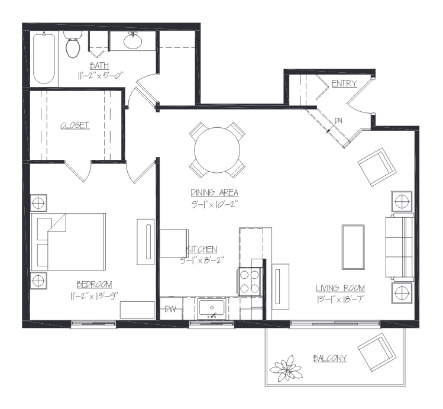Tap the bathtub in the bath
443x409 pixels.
[x=44, y=59]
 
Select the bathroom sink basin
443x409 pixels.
[x=133, y=41]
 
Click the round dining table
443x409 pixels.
[x=217, y=150]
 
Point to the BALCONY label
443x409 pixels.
[x=329, y=359]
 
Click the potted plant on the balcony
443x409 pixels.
[x=286, y=368]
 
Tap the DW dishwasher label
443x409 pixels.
[x=170, y=309]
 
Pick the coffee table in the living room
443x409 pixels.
[x=353, y=247]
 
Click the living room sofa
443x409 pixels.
[x=399, y=247]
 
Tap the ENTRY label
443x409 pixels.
[x=344, y=83]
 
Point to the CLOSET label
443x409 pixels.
[x=75, y=125]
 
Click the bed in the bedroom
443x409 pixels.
[x=68, y=242]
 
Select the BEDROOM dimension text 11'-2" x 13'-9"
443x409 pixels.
[x=94, y=296]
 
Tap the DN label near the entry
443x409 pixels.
[x=338, y=121]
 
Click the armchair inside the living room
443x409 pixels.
[x=377, y=167]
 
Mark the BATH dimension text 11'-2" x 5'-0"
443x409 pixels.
[x=101, y=76]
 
